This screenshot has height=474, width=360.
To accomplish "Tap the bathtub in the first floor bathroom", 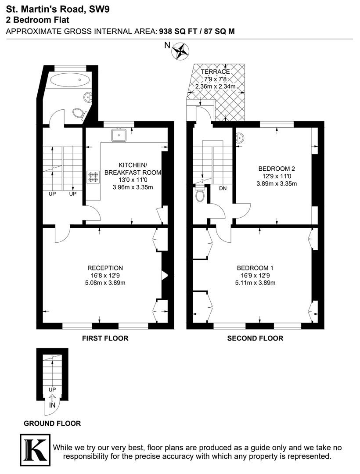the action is tap(70, 80).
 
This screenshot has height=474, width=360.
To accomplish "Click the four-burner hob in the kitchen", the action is tap(93, 177).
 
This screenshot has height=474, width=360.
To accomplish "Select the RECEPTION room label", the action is tap(105, 268).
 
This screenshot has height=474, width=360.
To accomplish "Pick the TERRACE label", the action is tap(216, 72).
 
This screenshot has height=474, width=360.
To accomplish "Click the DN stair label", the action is tap(223, 188).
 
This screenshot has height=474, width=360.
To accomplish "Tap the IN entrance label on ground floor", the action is tap(52, 405).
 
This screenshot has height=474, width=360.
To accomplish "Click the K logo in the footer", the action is tap(35, 450).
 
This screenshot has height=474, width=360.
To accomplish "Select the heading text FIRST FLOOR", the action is tap(105, 338).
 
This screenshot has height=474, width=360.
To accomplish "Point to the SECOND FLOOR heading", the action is tap(255, 338).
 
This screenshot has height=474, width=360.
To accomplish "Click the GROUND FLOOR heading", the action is tap(52, 424).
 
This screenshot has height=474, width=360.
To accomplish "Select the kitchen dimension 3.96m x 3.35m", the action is tap(133, 187).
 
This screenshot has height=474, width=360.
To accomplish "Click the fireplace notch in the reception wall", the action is tap(165, 275).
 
